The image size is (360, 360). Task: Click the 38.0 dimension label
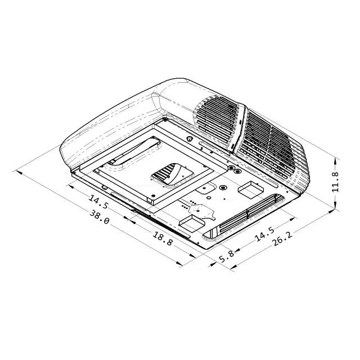(99, 217)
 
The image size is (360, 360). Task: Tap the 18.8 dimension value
(163, 238)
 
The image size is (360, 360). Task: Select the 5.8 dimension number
(226, 256)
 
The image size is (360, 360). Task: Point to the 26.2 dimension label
(282, 239)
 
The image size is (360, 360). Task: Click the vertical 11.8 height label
(335, 182)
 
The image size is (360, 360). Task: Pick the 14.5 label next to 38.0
(98, 202)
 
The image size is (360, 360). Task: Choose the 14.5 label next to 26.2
(265, 234)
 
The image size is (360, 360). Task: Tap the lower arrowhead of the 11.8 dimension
(335, 205)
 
